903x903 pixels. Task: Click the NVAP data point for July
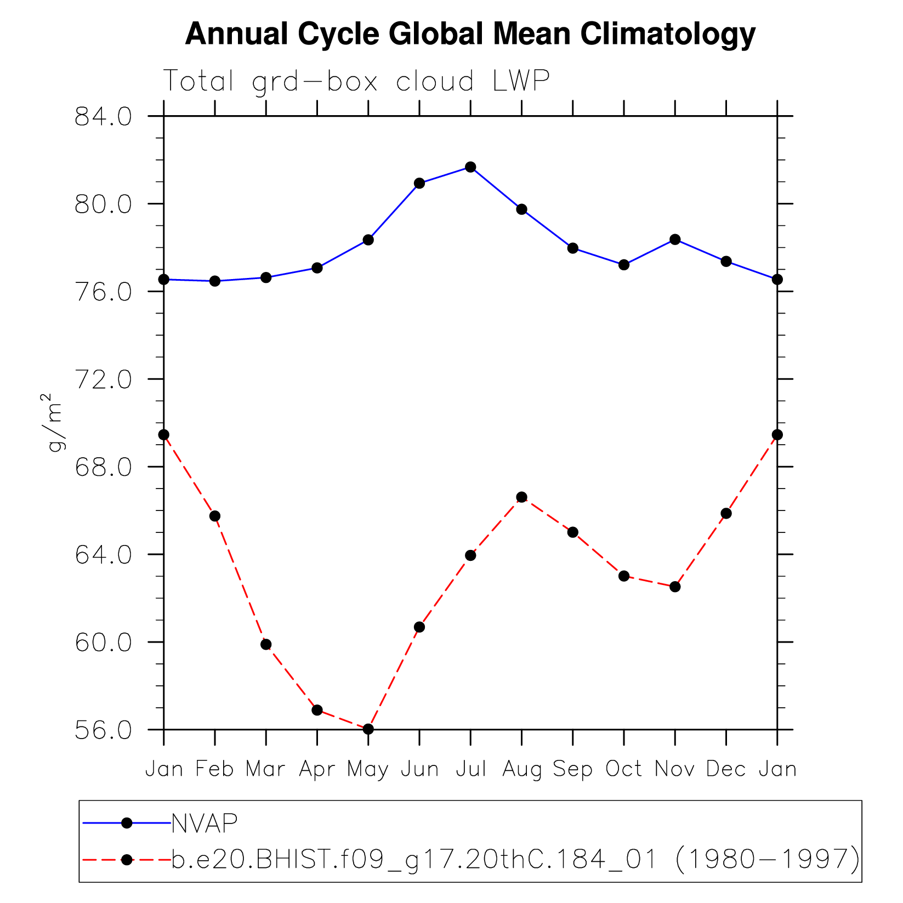click(470, 167)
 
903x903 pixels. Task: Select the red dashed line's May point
click(368, 729)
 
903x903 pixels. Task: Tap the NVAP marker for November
click(675, 240)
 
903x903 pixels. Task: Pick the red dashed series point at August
click(521, 497)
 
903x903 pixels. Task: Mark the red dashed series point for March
click(266, 644)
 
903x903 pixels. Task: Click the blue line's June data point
click(419, 183)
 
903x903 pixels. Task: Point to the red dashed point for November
click(675, 587)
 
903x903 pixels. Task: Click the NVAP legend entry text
click(205, 823)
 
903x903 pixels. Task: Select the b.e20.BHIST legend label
click(515, 859)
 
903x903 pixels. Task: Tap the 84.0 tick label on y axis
click(103, 117)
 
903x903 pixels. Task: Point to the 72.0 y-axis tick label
click(103, 379)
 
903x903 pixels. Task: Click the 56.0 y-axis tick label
click(103, 730)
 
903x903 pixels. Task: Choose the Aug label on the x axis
click(521, 769)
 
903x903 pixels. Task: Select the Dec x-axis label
click(726, 769)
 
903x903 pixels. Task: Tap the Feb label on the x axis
click(214, 769)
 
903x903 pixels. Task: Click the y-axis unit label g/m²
click(54, 422)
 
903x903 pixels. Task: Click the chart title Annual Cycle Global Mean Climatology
click(470, 34)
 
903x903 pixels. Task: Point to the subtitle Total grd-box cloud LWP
click(356, 81)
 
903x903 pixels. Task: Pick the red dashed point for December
click(726, 514)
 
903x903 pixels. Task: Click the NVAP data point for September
click(573, 248)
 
